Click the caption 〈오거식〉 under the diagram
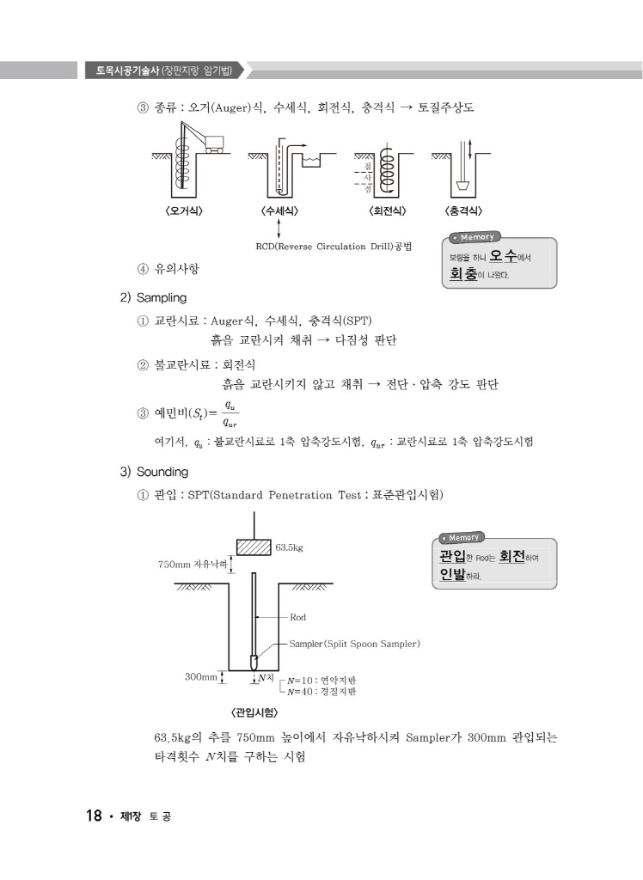coord(184,211)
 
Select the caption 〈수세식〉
coord(279,211)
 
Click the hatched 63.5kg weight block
coord(254,547)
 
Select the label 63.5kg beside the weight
coord(289,547)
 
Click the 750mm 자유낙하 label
coord(192,564)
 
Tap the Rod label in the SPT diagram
coord(297,617)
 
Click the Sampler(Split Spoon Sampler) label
coord(353,644)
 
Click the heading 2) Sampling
coord(152,298)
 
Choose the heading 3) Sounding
coord(153,472)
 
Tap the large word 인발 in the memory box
coord(454,573)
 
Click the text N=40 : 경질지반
coord(321,691)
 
